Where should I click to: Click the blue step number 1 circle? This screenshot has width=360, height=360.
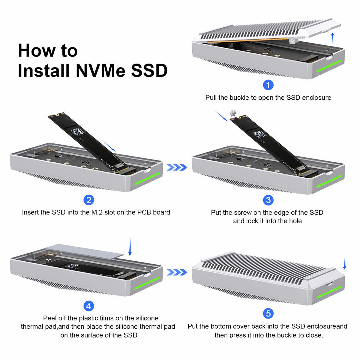268,85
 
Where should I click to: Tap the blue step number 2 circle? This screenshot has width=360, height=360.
89,200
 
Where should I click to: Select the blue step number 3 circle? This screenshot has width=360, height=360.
268,200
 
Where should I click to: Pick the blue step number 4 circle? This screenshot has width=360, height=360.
89,306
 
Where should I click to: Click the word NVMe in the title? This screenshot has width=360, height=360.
100,70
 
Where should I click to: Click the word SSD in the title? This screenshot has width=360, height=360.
149,70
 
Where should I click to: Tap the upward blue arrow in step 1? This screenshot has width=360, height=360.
332,38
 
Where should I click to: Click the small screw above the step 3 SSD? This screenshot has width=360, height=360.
233,112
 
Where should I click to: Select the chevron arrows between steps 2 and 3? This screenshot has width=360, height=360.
177,167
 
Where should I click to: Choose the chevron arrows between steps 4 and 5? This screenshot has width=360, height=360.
177,272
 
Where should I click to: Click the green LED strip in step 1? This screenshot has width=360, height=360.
329,66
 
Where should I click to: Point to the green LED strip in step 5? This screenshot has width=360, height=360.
329,292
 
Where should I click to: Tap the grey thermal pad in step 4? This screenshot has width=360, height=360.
84,251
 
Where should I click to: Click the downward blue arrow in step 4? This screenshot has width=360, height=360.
130,247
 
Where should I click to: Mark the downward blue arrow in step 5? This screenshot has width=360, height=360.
345,263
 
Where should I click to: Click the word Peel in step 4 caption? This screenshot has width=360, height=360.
49,318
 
